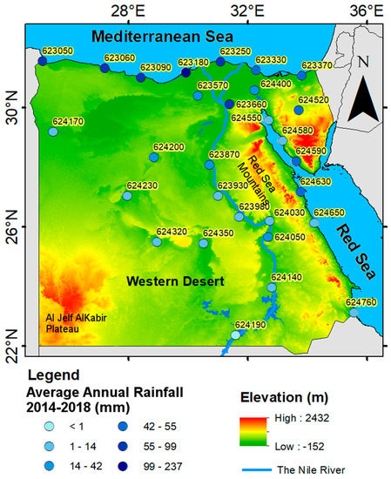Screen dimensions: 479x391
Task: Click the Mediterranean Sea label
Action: [163, 37]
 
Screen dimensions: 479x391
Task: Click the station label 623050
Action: [57, 51]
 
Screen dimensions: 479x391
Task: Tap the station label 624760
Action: [361, 302]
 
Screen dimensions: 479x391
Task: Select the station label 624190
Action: [250, 324]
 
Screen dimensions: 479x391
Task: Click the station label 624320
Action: [172, 232]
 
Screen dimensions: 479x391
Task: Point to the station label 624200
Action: [168, 147]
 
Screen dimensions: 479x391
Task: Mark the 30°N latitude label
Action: [11, 114]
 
